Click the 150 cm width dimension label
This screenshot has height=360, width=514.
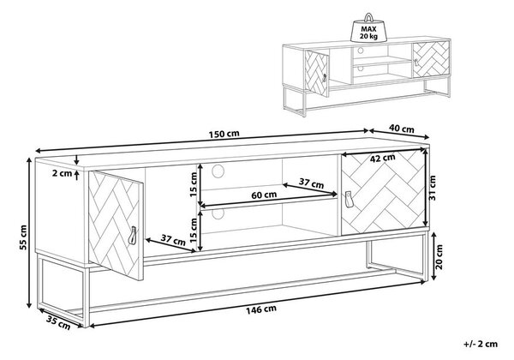(x=224, y=134)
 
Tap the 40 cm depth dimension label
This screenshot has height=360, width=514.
(x=403, y=129)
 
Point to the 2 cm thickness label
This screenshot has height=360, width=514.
(x=62, y=173)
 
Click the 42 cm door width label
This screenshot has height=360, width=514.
(x=383, y=159)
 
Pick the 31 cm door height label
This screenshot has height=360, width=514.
(x=432, y=188)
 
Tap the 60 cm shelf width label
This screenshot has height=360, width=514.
(x=264, y=195)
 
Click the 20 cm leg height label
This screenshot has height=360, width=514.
(x=439, y=257)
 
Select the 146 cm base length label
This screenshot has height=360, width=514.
(x=261, y=309)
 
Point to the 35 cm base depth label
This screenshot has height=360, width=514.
(x=58, y=322)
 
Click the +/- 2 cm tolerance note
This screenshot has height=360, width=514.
(x=481, y=344)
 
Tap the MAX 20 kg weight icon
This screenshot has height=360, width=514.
(x=368, y=28)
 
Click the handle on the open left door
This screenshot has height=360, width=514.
(x=133, y=236)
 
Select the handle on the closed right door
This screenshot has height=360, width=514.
(x=348, y=200)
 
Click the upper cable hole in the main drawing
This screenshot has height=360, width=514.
(x=218, y=171)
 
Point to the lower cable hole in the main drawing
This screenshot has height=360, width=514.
(x=218, y=213)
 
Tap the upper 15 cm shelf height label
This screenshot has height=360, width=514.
(x=194, y=184)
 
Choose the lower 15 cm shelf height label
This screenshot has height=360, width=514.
(x=194, y=231)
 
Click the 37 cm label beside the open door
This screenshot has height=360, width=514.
(x=173, y=240)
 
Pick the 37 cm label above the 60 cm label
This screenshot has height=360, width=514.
(x=311, y=183)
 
